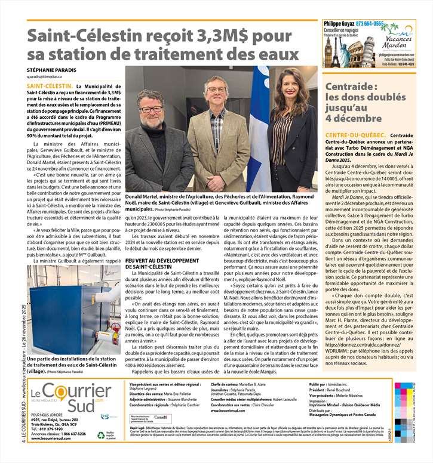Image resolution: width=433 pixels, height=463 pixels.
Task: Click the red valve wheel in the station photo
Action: [x=115, y=327]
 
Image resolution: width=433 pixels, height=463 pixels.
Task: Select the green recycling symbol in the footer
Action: [x=93, y=436]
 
